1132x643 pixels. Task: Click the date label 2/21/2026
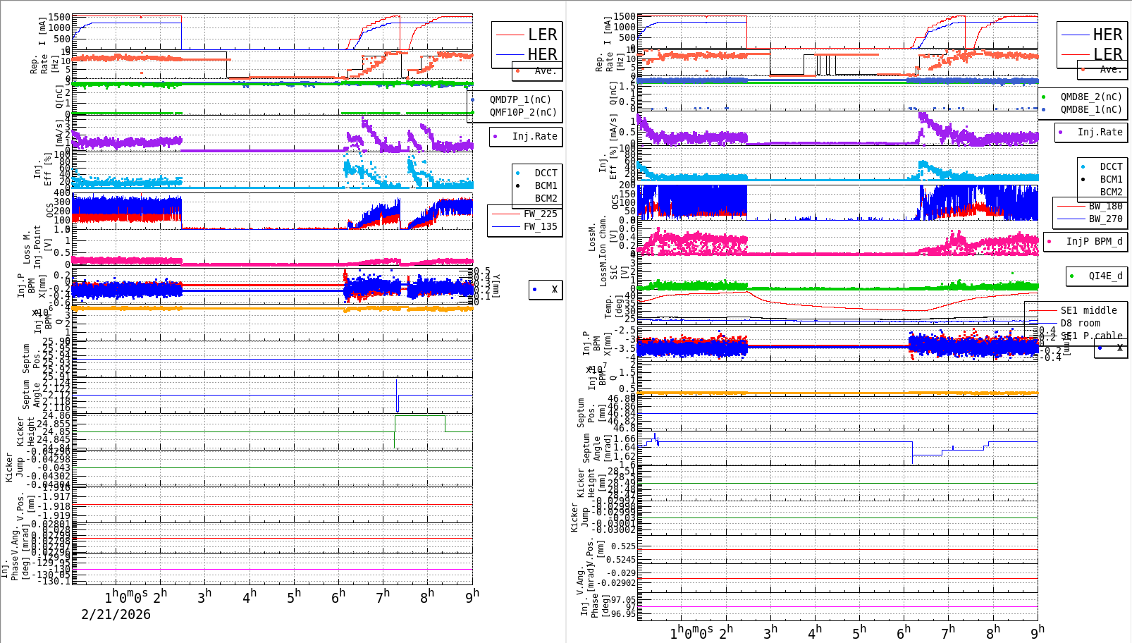coord(116,615)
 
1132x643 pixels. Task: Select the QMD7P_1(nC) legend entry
coord(520,99)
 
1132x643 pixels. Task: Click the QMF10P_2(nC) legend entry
coord(522,112)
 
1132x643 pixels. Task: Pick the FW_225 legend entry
coord(540,214)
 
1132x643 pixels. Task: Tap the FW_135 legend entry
coord(540,226)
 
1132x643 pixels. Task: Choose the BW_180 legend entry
coord(1105,206)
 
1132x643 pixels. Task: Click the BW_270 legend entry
coord(1105,219)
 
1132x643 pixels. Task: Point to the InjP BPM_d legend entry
coord(1094,241)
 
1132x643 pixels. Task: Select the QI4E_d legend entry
coord(1105,276)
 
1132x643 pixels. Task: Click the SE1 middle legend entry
coord(1088,310)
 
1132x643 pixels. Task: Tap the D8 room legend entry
coord(1080,323)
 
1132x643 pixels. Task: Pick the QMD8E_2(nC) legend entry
coord(1090,97)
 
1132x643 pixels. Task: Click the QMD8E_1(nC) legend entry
coord(1090,109)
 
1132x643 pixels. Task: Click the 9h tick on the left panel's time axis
coord(472,596)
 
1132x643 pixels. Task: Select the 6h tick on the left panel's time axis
coord(338,596)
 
